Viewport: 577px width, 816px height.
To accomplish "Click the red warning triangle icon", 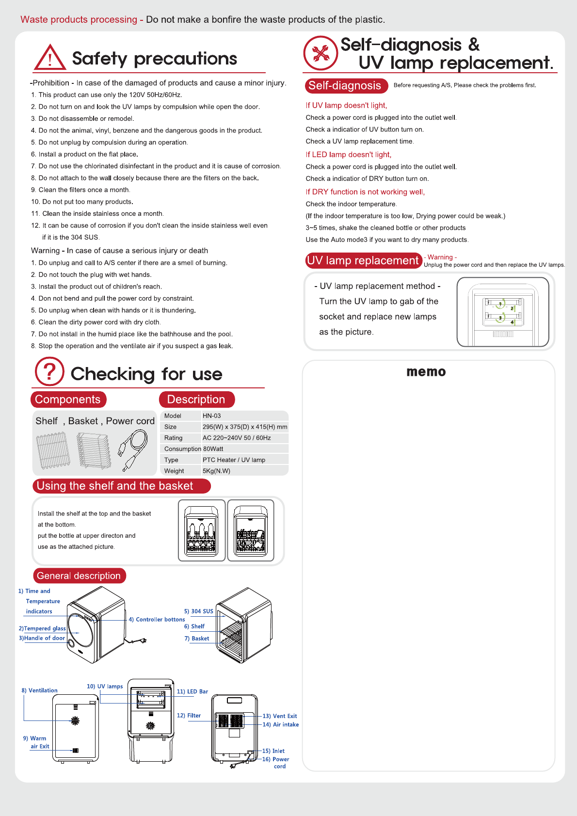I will coord(49,58).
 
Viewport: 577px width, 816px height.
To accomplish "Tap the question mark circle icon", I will coord(49,372).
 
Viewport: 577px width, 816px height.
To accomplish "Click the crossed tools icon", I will coord(321,53).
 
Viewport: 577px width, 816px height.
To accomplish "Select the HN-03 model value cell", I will coord(212,416).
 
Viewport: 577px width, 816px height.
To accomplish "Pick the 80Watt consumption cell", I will coord(213,449).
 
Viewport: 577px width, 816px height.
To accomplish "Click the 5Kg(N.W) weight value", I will coord(216,471).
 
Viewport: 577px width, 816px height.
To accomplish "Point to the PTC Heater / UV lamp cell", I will coord(234,460).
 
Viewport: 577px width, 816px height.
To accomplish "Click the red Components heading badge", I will coord(68,400).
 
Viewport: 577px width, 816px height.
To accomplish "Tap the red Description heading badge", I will coord(196,400).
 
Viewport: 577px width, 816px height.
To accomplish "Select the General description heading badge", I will coord(79,576).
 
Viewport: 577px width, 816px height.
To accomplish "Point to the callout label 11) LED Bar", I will coord(192,691).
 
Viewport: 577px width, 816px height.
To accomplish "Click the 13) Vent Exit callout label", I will coord(280,716).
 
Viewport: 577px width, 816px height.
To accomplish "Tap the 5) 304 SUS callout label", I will coord(199,611).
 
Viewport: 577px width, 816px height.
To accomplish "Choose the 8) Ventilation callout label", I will coord(39,690).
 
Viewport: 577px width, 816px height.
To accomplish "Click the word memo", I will coord(426,372).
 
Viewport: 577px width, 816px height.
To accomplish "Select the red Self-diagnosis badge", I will coord(345,86).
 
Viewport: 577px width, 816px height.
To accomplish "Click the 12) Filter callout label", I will coord(189,716).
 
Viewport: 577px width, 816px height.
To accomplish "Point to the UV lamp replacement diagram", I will coord(502,312).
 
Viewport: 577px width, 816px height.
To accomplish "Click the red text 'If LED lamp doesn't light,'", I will coord(349,155).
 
